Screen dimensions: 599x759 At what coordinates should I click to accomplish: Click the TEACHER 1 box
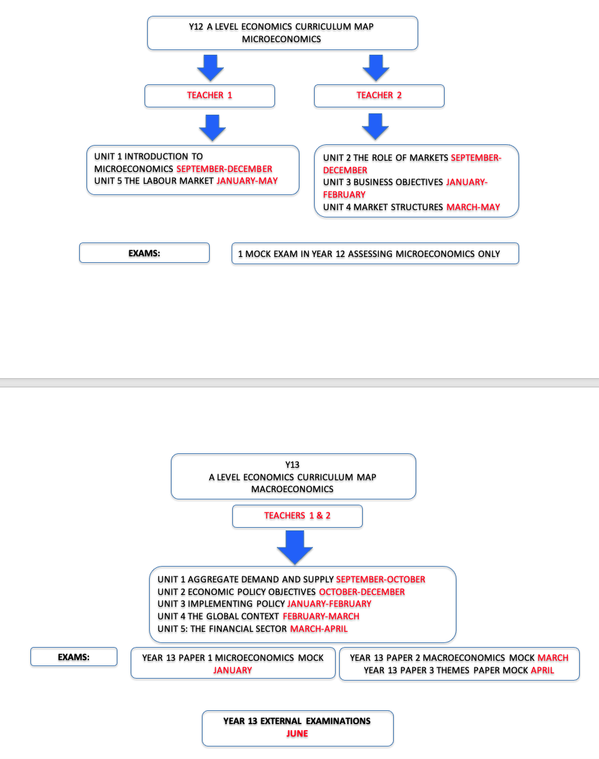[x=209, y=96]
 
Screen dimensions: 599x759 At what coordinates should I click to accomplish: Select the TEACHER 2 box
[x=379, y=96]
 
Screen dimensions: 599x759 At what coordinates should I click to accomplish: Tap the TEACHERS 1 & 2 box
[x=297, y=516]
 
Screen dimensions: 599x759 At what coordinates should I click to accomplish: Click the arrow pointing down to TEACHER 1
[x=210, y=69]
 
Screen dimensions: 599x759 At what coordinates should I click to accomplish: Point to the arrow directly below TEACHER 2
[x=375, y=126]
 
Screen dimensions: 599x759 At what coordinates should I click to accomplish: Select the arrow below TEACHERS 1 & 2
[x=295, y=548]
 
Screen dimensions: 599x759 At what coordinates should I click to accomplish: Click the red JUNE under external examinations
[x=297, y=733]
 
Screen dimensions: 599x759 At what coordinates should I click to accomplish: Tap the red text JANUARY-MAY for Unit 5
[x=247, y=181]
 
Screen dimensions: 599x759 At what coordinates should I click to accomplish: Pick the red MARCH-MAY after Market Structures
[x=473, y=207]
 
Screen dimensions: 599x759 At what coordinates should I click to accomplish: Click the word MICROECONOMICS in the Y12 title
[x=282, y=40]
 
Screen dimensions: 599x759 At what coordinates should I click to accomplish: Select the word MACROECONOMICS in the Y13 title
[x=292, y=490]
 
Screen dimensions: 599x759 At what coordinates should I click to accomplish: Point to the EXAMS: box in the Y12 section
[x=144, y=253]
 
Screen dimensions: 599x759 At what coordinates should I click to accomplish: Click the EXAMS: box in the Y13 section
[x=74, y=657]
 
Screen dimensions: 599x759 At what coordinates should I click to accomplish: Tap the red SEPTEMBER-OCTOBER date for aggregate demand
[x=381, y=579]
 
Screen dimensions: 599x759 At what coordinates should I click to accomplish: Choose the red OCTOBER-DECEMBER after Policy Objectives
[x=362, y=592]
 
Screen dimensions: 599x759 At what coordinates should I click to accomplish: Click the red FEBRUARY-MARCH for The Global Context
[x=321, y=616]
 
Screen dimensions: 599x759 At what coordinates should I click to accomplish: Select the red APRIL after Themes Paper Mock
[x=542, y=671]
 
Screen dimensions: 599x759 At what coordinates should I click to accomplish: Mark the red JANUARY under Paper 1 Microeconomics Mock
[x=233, y=671]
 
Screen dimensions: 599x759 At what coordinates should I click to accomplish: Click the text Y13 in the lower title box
[x=292, y=464]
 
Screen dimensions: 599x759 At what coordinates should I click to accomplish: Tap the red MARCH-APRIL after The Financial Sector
[x=319, y=629]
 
